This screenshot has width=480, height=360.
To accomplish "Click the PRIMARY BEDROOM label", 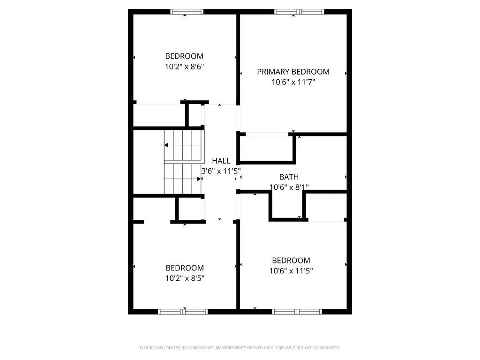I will point(293,72).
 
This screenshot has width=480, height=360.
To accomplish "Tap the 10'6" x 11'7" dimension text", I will point(293,82).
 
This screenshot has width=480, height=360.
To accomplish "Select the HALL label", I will point(221,161).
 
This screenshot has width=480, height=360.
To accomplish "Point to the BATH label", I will point(289,177).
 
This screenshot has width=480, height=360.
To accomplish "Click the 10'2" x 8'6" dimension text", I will point(184,67).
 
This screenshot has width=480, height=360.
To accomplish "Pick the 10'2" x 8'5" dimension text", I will point(185,278).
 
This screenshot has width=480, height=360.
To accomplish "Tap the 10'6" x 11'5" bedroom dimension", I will point(291,270).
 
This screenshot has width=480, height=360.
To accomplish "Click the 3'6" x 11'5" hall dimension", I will point(221,172).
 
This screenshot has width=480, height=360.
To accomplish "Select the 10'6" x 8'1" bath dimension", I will point(289,187).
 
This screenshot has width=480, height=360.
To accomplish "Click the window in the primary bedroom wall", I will point(299,12).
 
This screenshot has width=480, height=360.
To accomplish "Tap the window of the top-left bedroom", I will point(187,12).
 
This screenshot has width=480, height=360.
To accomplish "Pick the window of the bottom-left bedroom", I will point(183,311).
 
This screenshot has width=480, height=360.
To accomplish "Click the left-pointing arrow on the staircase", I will point(166,145).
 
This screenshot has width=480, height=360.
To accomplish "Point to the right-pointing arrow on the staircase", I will point(199,179).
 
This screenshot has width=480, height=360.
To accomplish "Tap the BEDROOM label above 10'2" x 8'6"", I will point(184,56).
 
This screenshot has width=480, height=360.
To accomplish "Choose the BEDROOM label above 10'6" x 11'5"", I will point(291,261).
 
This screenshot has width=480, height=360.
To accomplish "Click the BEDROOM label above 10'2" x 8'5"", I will point(185,268).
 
